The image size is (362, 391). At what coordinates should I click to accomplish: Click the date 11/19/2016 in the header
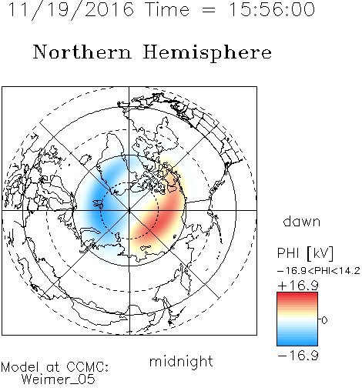click(71, 10)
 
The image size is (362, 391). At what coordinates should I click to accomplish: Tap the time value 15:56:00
click(272, 9)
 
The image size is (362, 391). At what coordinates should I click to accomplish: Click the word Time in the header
click(167, 9)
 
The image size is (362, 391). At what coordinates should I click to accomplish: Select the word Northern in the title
click(82, 52)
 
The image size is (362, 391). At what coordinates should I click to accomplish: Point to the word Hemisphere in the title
click(207, 53)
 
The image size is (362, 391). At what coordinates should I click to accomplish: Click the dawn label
click(302, 221)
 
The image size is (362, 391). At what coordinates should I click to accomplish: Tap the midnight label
click(181, 361)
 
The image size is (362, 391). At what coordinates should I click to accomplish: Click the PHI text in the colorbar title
click(288, 253)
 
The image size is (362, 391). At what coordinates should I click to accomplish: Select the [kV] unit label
click(320, 253)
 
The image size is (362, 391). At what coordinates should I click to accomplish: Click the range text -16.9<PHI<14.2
click(319, 271)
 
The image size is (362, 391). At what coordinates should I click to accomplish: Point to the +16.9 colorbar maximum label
click(298, 286)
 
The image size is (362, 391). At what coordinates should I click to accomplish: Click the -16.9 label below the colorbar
click(298, 356)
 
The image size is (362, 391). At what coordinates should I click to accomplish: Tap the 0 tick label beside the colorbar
click(324, 320)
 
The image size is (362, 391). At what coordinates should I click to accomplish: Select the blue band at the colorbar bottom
click(297, 340)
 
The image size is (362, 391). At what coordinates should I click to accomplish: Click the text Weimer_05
click(59, 379)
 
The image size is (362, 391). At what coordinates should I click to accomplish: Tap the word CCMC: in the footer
click(88, 367)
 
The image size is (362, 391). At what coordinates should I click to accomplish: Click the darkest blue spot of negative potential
click(99, 202)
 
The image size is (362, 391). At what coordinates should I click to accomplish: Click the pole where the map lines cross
click(129, 210)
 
